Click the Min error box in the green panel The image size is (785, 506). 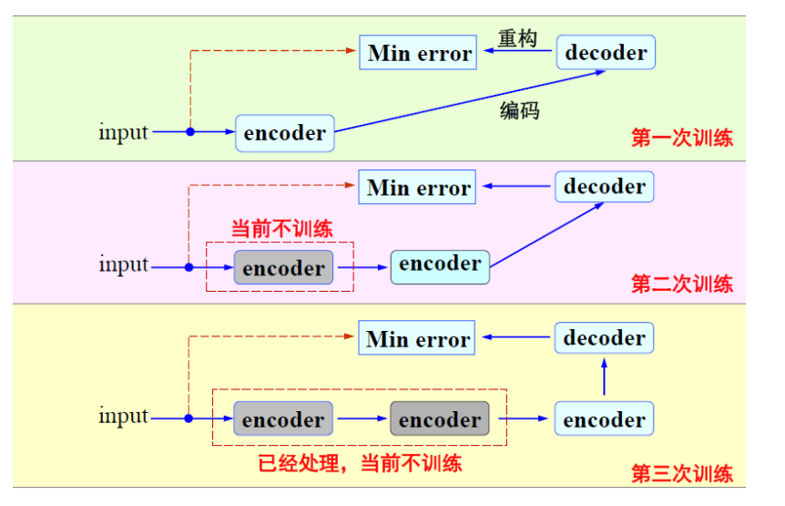(x=418, y=53)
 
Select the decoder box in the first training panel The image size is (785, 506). (x=606, y=53)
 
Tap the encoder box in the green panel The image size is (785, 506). (x=285, y=133)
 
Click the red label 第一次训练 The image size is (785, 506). (x=681, y=139)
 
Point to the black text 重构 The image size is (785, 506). (x=517, y=38)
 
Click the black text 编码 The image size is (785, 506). (x=519, y=110)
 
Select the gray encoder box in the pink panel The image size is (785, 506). (x=283, y=268)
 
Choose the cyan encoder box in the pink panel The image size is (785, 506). (x=440, y=264)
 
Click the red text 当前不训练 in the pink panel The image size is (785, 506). (x=280, y=228)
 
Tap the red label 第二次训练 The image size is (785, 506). (x=681, y=284)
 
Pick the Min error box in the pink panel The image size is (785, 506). (x=418, y=188)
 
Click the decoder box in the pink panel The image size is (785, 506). (x=605, y=187)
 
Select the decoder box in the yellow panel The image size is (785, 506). (x=604, y=338)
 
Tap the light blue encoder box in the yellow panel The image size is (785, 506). (x=604, y=419)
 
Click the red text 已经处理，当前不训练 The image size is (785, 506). (x=360, y=463)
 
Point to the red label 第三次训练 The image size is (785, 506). (x=681, y=473)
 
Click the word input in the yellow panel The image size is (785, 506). (x=124, y=417)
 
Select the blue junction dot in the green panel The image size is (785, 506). (x=190, y=132)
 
